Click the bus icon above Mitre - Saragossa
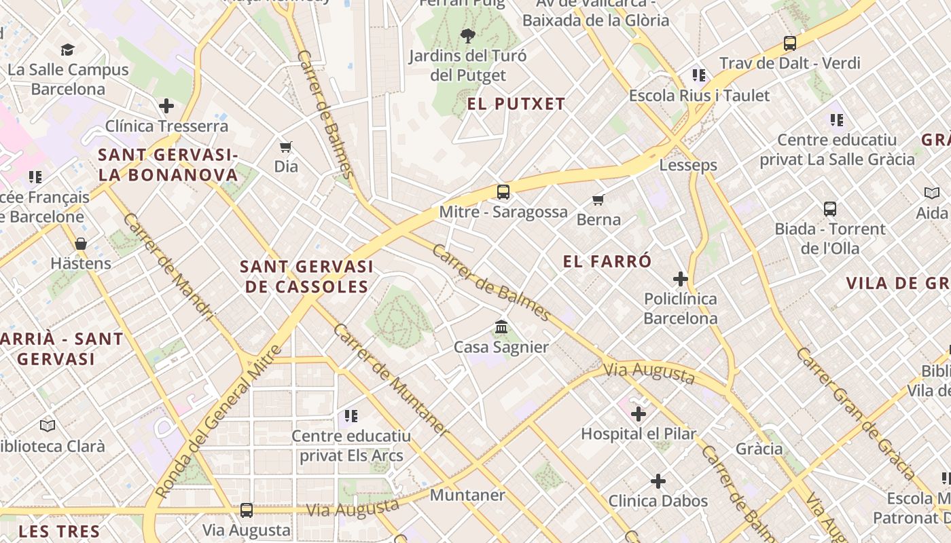click(503, 192)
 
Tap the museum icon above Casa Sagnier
click(501, 327)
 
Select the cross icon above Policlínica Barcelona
click(680, 279)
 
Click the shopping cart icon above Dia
click(286, 147)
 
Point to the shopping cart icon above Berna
click(598, 200)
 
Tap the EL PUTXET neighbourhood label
click(516, 104)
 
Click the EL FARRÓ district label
click(607, 261)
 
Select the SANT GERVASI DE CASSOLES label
click(306, 276)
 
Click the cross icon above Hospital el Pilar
click(638, 413)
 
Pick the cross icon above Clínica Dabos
click(658, 481)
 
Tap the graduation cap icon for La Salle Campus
click(67, 50)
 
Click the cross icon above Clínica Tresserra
click(166, 106)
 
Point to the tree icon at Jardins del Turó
click(467, 36)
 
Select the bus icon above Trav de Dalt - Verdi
click(789, 43)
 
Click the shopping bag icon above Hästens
click(81, 244)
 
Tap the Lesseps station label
click(688, 165)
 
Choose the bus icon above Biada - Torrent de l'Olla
click(829, 209)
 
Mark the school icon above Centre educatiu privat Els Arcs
click(351, 415)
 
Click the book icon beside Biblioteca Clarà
click(47, 426)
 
